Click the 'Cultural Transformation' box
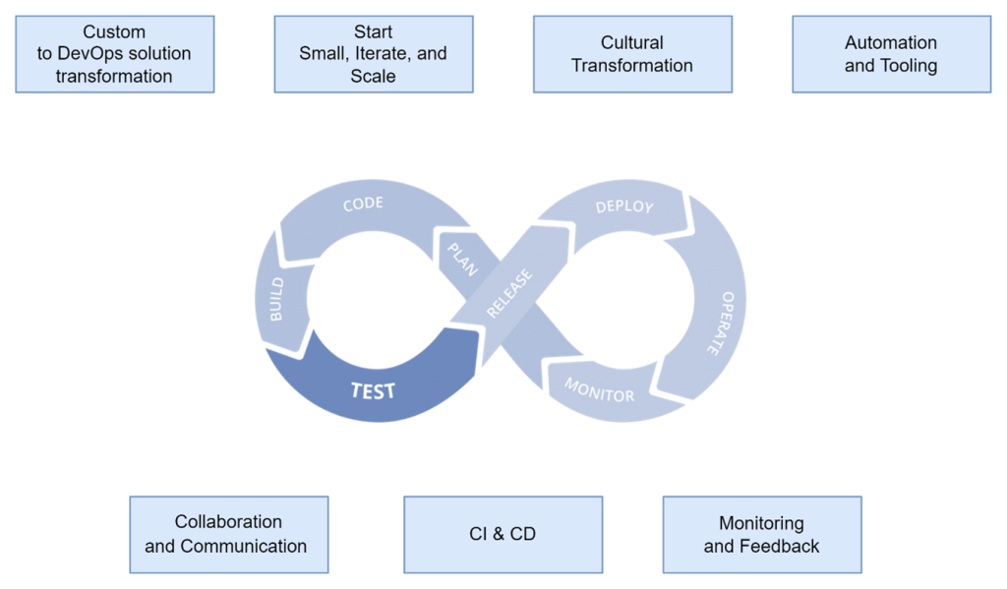tap(632, 54)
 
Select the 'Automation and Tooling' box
tap(891, 54)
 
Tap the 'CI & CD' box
tap(503, 534)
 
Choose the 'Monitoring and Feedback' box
tap(761, 534)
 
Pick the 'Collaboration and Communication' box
tap(228, 534)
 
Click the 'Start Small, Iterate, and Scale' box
tap(373, 54)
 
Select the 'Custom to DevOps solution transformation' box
tap(114, 54)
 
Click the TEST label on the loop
tap(374, 390)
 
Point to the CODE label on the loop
tap(363, 205)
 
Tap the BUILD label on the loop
tap(276, 299)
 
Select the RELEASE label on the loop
tap(509, 293)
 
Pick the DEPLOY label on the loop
tap(625, 206)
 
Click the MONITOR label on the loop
tap(599, 389)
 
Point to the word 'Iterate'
tap(391, 54)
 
